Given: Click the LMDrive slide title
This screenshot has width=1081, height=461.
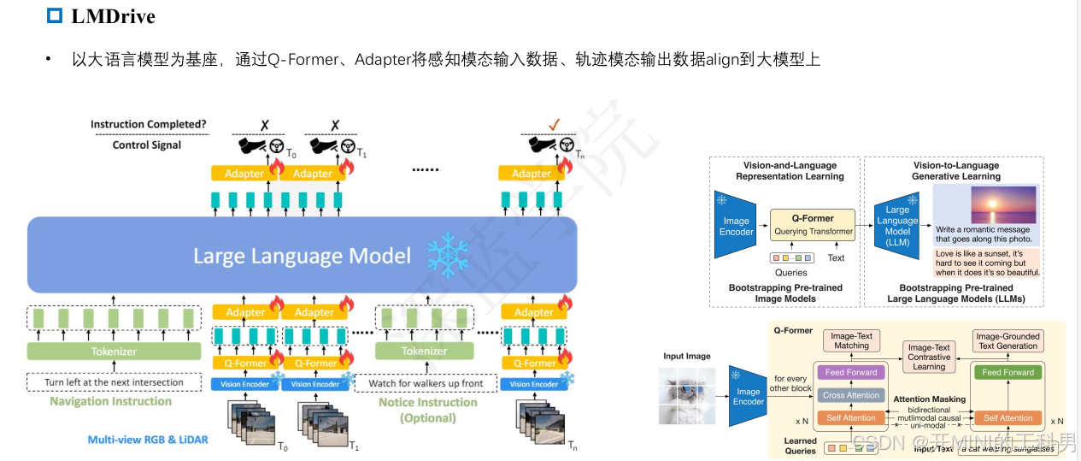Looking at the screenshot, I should click(113, 16).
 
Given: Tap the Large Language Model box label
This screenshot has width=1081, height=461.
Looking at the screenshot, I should click(302, 256).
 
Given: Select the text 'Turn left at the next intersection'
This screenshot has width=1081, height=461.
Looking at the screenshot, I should click(114, 381).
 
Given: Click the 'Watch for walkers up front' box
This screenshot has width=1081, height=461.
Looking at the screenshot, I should click(426, 383).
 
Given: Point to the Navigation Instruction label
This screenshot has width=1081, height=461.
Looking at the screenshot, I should click(110, 401).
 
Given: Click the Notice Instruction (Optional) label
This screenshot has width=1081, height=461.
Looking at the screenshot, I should click(427, 410).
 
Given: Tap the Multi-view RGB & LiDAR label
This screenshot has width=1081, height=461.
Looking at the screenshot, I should click(148, 440).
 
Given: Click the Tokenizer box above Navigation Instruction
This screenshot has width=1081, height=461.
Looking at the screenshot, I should click(114, 352).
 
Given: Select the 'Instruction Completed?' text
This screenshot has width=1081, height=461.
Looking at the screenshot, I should click(148, 125).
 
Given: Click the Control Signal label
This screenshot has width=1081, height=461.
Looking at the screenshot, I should click(147, 145).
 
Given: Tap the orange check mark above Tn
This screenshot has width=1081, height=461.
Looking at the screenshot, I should click(554, 125).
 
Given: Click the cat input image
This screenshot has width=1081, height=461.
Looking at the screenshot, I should click(687, 396).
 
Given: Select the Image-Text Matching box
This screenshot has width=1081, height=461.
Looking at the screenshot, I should click(851, 341).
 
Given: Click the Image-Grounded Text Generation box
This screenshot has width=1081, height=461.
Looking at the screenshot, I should click(1008, 341).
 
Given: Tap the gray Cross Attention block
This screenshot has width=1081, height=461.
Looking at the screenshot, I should click(851, 395).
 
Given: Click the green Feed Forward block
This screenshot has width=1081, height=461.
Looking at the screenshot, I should click(1008, 373).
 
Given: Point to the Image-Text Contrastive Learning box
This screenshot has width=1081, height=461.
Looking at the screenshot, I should click(929, 357).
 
